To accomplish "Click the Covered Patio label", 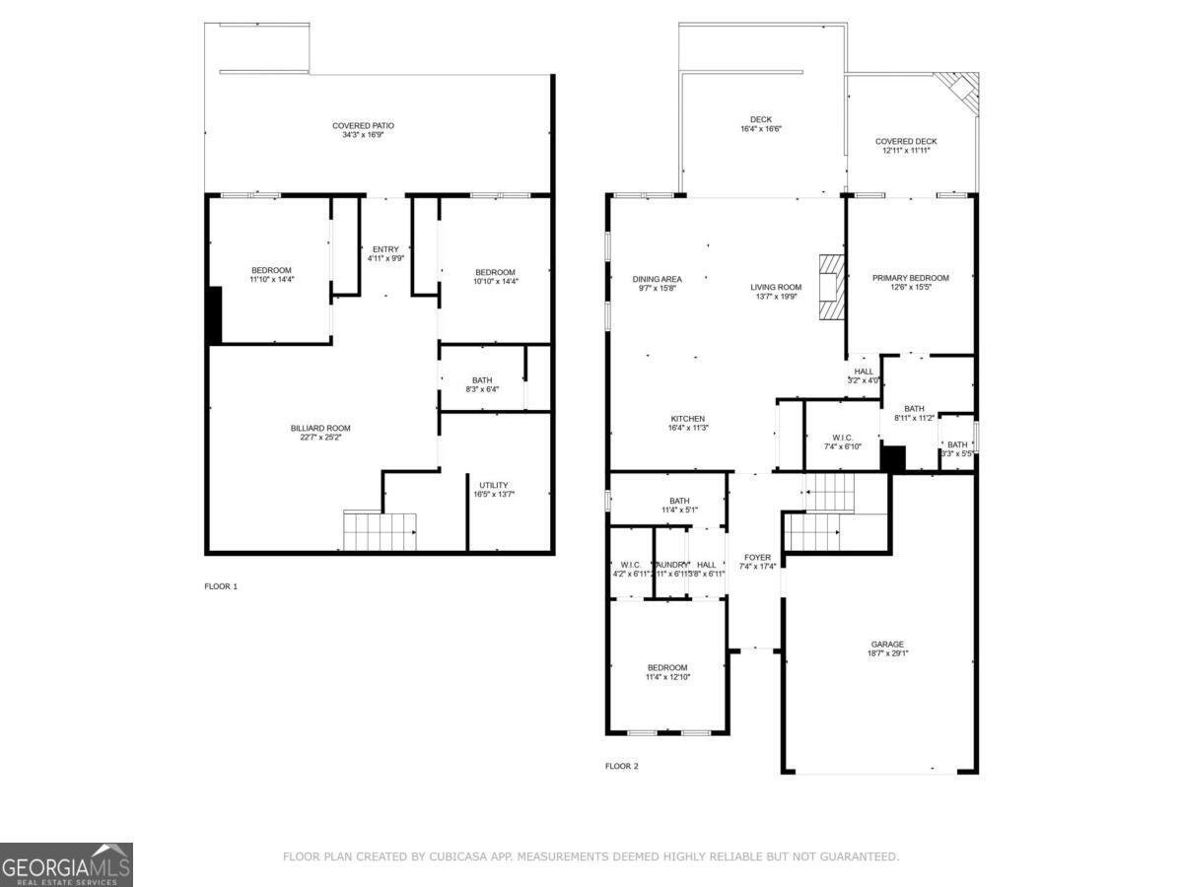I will pyautogui.click(x=363, y=126).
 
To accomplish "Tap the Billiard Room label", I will pyautogui.click(x=320, y=428).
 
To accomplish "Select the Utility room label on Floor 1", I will pyautogui.click(x=494, y=485).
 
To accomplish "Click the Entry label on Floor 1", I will pyautogui.click(x=385, y=249).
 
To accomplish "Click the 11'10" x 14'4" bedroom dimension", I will pyautogui.click(x=271, y=280).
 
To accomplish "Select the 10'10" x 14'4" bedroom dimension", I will pyautogui.click(x=495, y=282).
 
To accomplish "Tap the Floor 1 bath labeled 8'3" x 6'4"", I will pyautogui.click(x=482, y=384).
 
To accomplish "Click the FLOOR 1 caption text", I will pyautogui.click(x=221, y=586).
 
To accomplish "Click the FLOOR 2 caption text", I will pyautogui.click(x=622, y=766).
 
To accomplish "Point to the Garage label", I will pyautogui.click(x=887, y=645).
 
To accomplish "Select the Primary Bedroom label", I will pyautogui.click(x=910, y=278).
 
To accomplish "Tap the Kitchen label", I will pyautogui.click(x=688, y=419).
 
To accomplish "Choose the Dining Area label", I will pyautogui.click(x=657, y=279).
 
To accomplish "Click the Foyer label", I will pyautogui.click(x=757, y=558).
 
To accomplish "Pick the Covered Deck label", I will pyautogui.click(x=906, y=142).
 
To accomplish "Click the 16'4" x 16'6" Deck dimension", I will pyautogui.click(x=761, y=129).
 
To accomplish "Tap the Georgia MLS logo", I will pyautogui.click(x=66, y=864).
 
